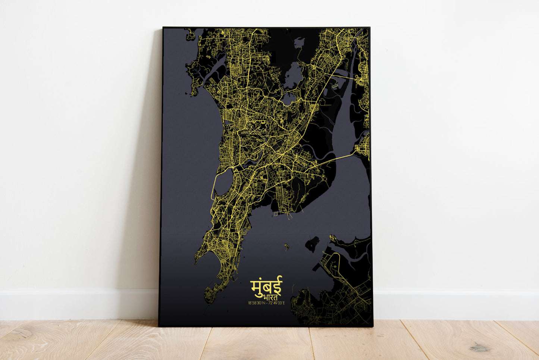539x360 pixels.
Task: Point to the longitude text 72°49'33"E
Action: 276,303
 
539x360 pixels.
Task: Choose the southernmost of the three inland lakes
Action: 288,99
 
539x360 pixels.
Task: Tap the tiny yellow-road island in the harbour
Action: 286,246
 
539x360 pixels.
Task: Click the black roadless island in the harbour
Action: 312,244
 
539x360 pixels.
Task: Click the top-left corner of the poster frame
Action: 163,28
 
